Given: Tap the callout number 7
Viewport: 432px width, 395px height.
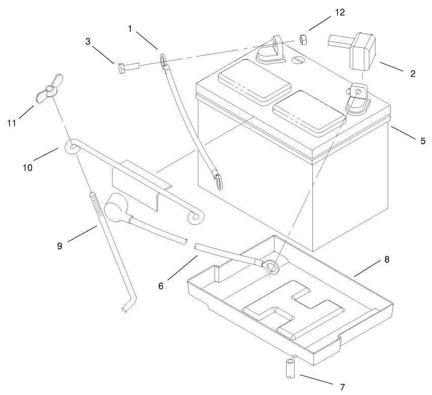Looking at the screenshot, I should point(342,386).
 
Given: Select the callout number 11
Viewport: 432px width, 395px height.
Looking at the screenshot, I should point(11,122).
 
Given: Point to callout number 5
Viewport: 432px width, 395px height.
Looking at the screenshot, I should point(422,141).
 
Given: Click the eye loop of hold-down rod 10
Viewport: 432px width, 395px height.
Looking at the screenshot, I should point(72,147).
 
